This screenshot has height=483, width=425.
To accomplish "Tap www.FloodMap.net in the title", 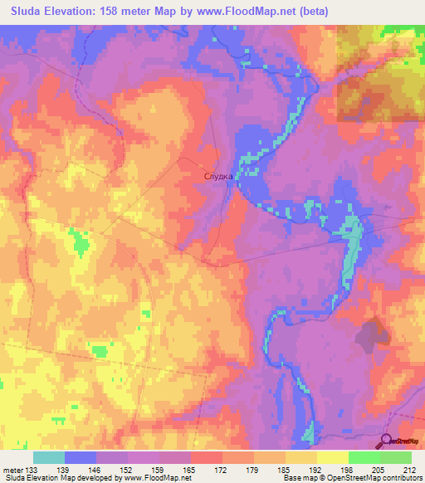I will click(x=247, y=12).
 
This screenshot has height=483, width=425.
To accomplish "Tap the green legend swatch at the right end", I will click(x=395, y=457).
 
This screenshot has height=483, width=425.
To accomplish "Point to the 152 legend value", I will click(x=129, y=470).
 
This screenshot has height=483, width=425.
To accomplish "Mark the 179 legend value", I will click(x=253, y=470).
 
